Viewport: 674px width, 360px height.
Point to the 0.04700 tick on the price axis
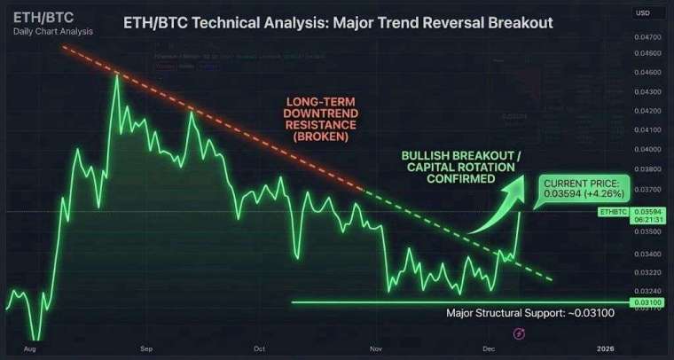tap(649, 37)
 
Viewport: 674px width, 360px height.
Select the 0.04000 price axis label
tap(649, 149)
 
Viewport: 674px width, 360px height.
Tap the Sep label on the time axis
tap(147, 350)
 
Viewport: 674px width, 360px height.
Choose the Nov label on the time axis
tap(377, 350)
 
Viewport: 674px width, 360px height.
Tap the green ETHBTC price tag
tap(615, 212)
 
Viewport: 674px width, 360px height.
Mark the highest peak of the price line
tap(116, 76)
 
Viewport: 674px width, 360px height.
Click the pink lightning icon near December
tap(519, 333)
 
